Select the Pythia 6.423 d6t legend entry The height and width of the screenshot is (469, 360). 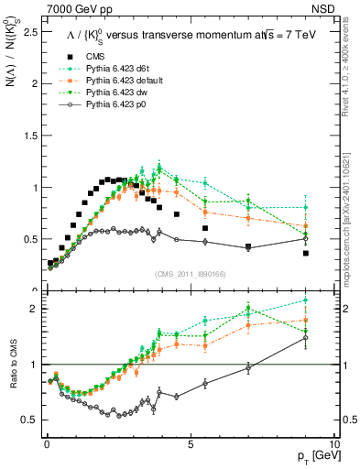109,69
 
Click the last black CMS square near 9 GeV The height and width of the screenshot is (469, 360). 305,253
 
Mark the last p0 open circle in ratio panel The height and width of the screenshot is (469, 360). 305,338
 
